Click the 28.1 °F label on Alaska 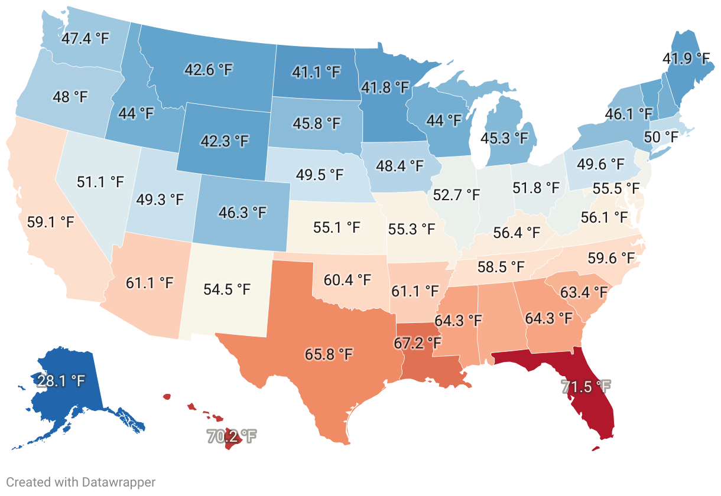[x=61, y=380]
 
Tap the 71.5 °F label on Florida [x=585, y=387]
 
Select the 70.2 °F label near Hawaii [x=232, y=437]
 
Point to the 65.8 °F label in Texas [x=329, y=354]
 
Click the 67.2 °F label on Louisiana [x=418, y=343]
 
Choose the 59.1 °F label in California [x=51, y=223]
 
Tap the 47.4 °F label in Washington [x=85, y=39]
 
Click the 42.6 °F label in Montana [x=209, y=69]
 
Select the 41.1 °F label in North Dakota [x=317, y=72]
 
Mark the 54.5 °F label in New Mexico [x=226, y=289]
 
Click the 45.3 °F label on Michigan [x=504, y=138]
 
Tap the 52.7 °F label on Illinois [x=457, y=194]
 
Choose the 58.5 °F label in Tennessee [x=501, y=267]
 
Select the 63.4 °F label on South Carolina [x=584, y=292]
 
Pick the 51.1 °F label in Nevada [x=100, y=181]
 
